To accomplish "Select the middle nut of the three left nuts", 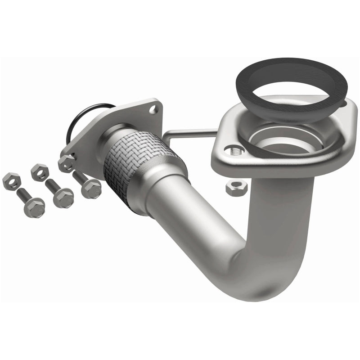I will click(x=40, y=172).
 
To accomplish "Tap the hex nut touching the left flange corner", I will click(x=67, y=163).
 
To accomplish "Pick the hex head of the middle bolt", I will click(x=63, y=198).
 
